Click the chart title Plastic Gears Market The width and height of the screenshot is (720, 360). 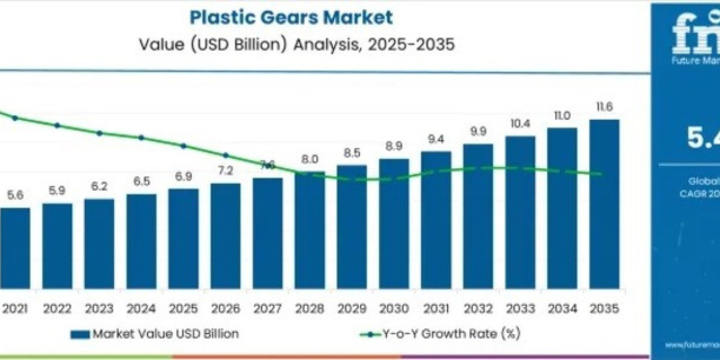(291, 17)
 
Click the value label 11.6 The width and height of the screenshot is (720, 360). (604, 108)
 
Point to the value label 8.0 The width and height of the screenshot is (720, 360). (310, 160)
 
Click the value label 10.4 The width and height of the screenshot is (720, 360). (520, 124)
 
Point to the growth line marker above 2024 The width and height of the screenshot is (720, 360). (142, 137)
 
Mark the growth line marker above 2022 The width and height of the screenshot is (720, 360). (58, 125)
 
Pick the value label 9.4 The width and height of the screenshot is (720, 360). (436, 139)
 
